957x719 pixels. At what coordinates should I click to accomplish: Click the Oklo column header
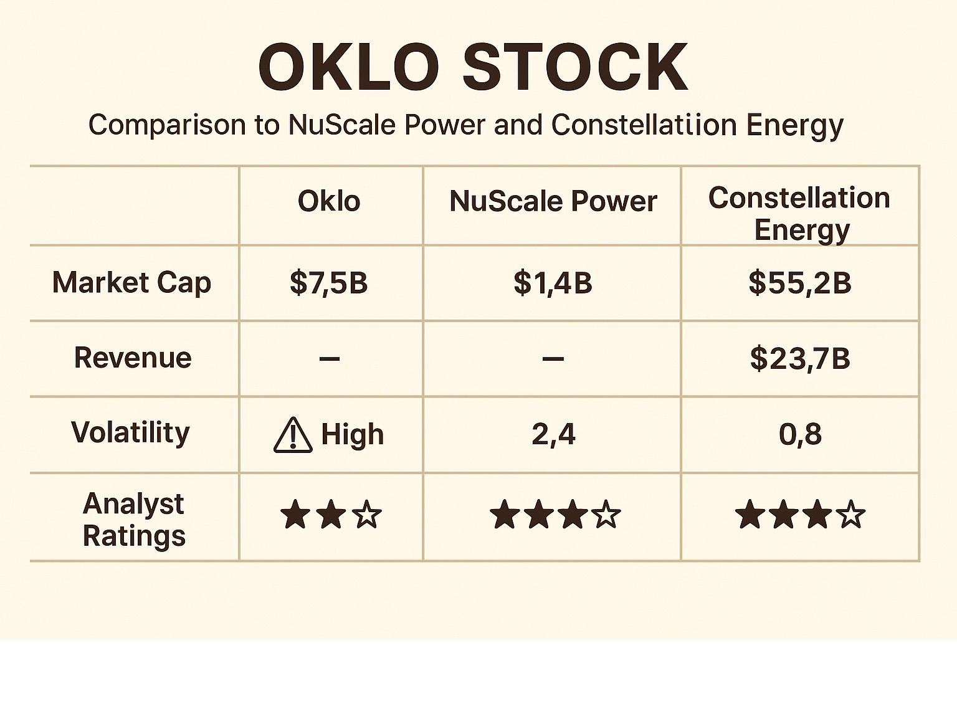pos(329,201)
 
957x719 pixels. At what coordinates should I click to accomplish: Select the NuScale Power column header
pos(553,201)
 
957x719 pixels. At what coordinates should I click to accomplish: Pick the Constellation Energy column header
pos(800,214)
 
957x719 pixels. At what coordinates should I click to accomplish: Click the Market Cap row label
pos(131,283)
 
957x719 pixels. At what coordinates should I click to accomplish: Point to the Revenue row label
pos(133,358)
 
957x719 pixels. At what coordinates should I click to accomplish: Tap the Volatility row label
pos(130,433)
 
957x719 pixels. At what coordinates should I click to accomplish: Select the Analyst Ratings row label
pos(134,520)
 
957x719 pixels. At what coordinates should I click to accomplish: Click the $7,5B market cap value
pos(329,283)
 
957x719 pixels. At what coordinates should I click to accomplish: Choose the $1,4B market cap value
pos(553,283)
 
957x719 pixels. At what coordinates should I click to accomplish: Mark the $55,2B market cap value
pos(800,283)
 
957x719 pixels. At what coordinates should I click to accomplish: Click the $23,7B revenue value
pos(800,359)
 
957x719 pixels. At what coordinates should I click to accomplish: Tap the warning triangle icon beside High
pos(293,435)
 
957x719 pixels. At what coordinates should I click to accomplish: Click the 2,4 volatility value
pos(553,434)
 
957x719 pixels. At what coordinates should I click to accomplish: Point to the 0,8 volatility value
pos(800,434)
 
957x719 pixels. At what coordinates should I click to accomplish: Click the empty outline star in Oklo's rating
pos(367,515)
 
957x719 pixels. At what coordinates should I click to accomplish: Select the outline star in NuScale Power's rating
pos(606,515)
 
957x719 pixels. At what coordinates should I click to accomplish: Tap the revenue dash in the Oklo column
pos(329,359)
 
